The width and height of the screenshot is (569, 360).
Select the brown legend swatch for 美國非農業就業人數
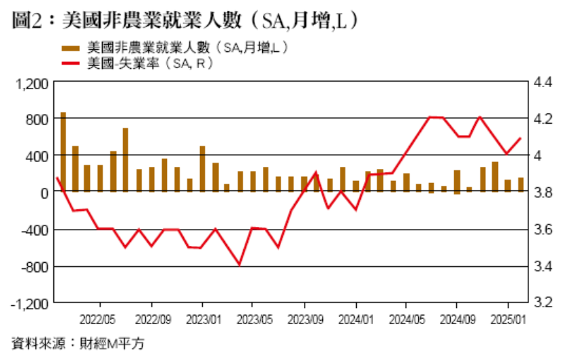coord(70,48)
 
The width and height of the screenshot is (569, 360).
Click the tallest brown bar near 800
coord(63,152)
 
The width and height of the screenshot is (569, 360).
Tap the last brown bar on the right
coord(520,184)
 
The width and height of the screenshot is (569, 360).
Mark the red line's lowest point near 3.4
coord(239,265)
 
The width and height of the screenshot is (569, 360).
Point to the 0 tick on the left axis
coord(44,193)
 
